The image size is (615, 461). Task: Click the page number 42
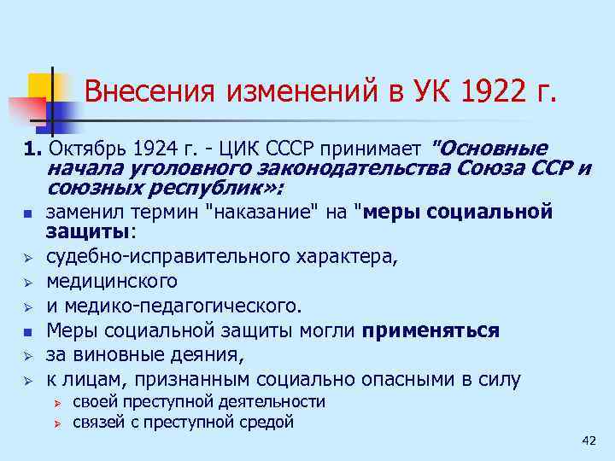coord(588,440)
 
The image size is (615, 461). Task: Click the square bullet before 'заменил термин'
coord(27,213)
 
